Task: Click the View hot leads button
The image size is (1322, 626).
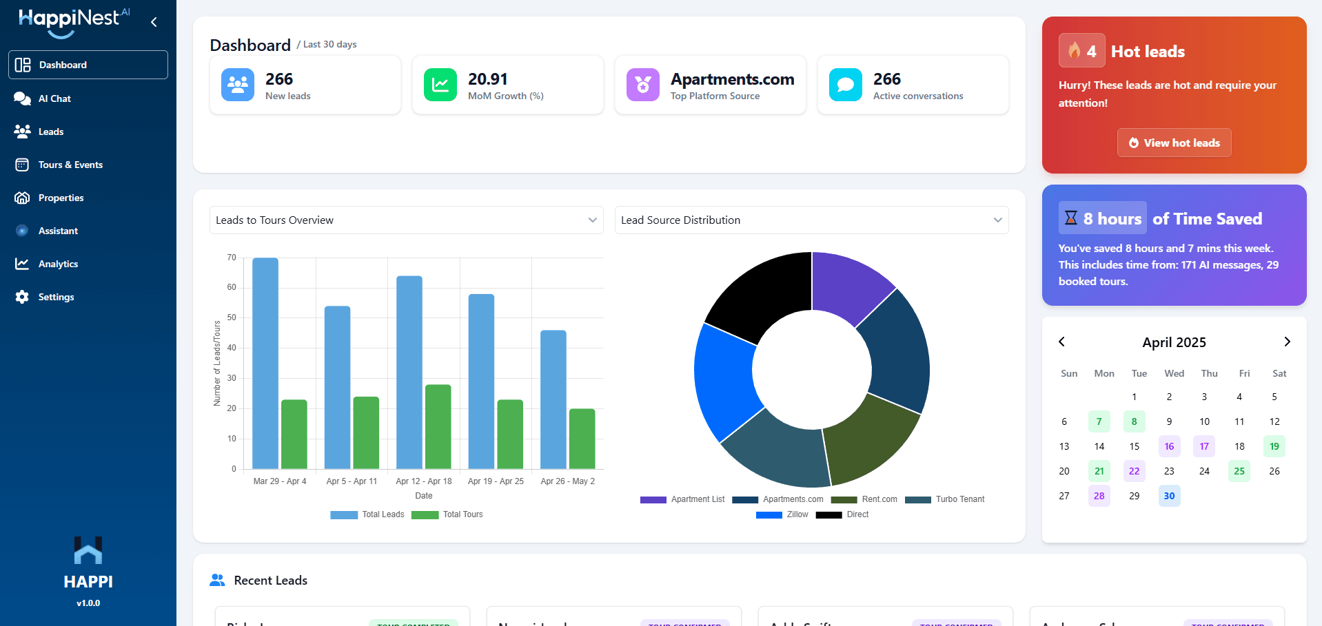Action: click(x=1174, y=143)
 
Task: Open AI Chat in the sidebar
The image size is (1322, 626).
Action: click(x=54, y=98)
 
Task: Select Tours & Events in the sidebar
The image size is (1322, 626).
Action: click(x=70, y=165)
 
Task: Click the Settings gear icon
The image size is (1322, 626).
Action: click(x=22, y=297)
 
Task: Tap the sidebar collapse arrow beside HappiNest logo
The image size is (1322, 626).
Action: click(x=154, y=22)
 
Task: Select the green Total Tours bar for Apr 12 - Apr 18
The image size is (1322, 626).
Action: click(x=438, y=426)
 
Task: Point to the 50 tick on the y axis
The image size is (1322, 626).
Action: click(x=232, y=317)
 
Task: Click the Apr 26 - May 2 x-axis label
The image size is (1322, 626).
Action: click(x=567, y=481)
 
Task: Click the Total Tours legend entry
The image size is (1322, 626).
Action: click(x=447, y=514)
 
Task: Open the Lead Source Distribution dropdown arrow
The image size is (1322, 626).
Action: click(x=997, y=220)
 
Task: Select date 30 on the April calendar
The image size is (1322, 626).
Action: click(x=1169, y=496)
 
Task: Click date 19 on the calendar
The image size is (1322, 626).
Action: click(x=1274, y=446)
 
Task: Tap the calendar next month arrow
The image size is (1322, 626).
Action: click(x=1287, y=342)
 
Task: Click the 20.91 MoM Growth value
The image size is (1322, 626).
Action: click(x=487, y=79)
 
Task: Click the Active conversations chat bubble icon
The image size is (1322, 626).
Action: click(x=846, y=85)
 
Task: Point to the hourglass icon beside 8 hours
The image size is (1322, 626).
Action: click(x=1070, y=218)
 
